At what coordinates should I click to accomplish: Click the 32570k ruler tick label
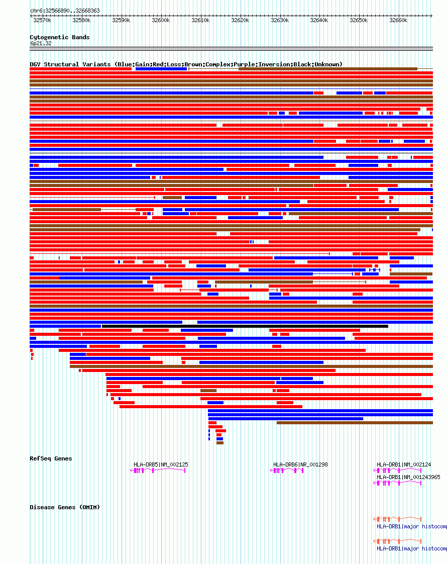point(42,21)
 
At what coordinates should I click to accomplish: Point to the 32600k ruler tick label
point(161,21)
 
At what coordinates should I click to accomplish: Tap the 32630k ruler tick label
point(279,21)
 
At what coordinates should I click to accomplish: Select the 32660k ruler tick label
point(398,21)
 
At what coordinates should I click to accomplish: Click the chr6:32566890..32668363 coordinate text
point(65,11)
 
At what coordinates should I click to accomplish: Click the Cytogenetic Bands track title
point(59,37)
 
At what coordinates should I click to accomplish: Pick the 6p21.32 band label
point(41,44)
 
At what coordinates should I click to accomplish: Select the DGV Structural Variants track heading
point(186,64)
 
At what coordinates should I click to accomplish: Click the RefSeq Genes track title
point(51,458)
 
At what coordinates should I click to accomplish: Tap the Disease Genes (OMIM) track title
point(65,507)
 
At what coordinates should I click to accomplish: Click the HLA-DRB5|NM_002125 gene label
point(161,464)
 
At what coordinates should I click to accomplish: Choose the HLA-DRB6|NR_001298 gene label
point(300,464)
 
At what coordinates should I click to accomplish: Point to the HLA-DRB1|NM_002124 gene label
point(404,464)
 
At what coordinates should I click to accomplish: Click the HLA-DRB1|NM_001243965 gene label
point(408,477)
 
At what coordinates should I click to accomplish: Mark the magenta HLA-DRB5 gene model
point(158,471)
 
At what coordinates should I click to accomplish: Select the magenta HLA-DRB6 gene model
point(287,471)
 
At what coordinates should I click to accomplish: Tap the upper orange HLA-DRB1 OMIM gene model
point(397,519)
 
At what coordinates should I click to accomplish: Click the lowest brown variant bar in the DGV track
point(220,443)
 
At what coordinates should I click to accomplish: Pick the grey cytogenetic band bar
point(231,49)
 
